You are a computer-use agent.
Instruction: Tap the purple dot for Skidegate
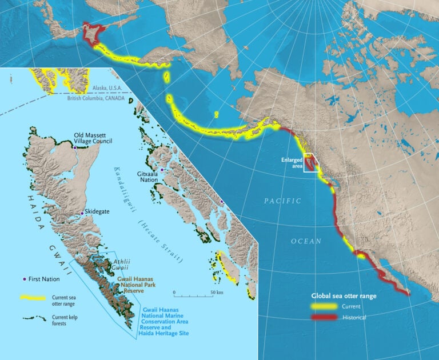(82, 213)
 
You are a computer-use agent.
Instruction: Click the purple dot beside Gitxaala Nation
(162, 170)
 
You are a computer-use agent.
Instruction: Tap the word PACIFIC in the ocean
(282, 201)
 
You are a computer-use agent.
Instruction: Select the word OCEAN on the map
(306, 241)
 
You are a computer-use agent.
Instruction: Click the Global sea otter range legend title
(344, 296)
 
